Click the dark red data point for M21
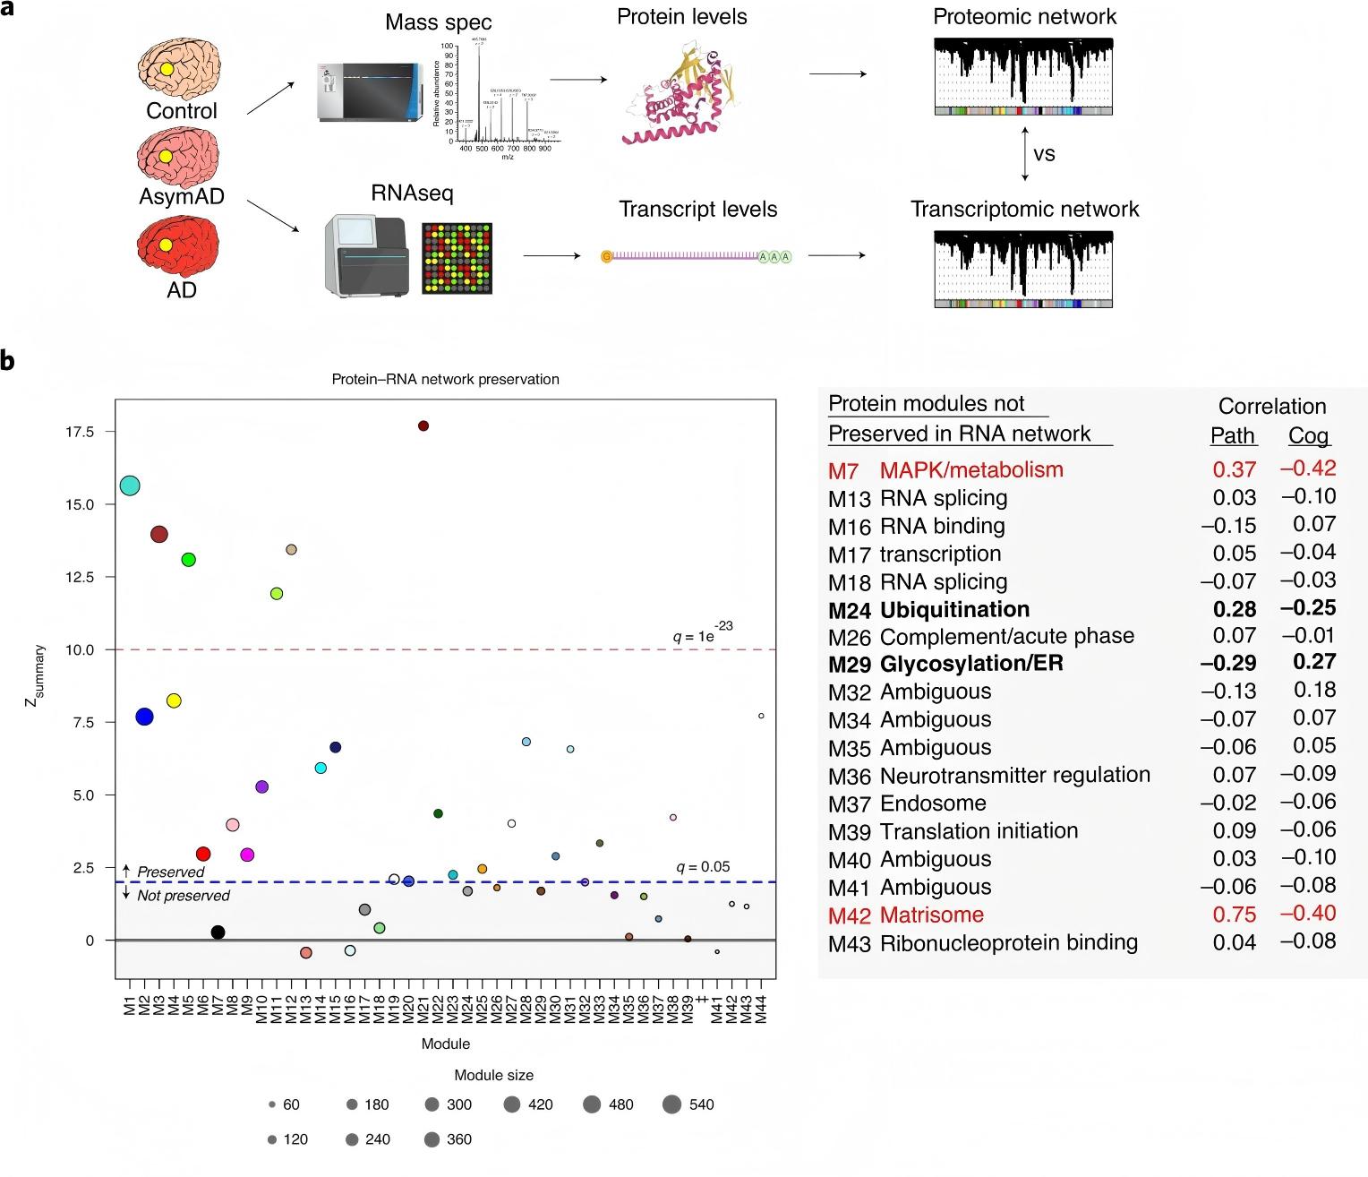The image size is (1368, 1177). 423,425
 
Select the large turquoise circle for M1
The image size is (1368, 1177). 130,485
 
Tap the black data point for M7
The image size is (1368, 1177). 218,932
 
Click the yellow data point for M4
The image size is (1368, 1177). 174,700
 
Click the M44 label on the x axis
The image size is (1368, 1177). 761,1008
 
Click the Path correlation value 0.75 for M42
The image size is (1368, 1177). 1233,915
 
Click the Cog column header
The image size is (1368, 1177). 1308,436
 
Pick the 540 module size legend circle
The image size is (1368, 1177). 673,1104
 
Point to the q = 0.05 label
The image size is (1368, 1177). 703,866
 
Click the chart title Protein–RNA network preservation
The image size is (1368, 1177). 445,379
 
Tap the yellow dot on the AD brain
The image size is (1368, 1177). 166,245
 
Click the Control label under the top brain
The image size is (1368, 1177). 182,111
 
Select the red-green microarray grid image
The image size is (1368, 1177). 457,258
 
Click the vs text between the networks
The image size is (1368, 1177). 1044,154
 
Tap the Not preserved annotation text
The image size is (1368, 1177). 183,896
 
